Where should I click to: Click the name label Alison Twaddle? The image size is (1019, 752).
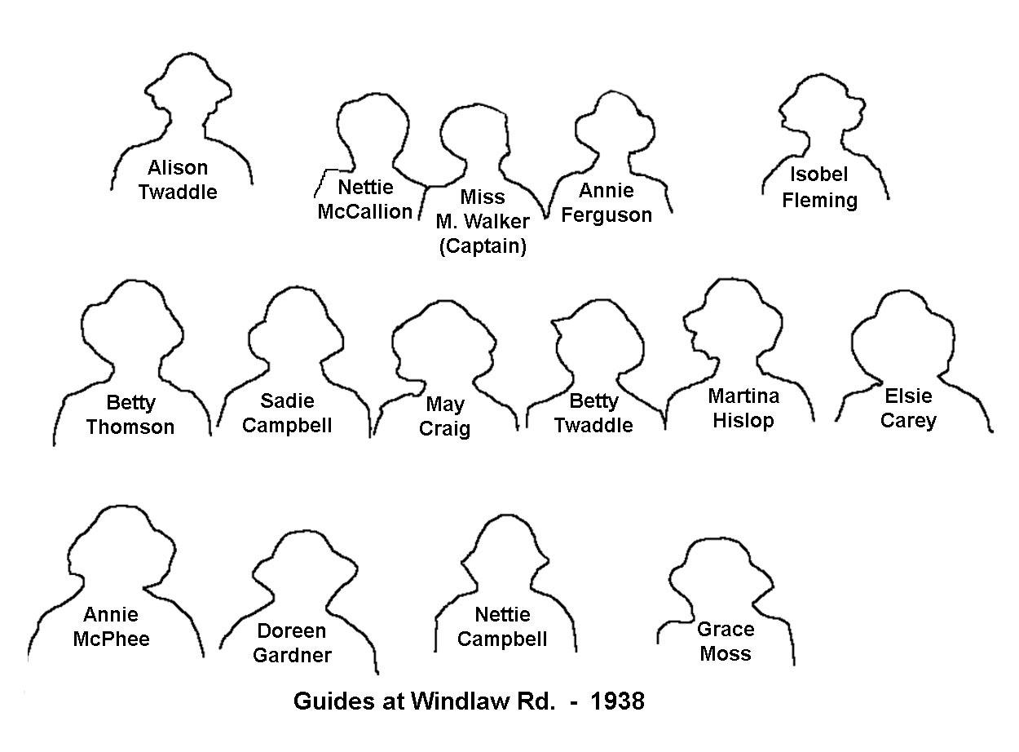tap(178, 179)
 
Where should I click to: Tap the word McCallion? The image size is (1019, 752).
tap(365, 212)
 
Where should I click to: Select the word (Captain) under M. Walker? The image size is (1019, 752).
tap(483, 246)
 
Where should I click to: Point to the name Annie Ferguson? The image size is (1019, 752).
tap(607, 202)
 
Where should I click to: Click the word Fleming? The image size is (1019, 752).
tap(820, 201)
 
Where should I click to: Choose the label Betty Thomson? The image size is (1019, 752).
tap(130, 414)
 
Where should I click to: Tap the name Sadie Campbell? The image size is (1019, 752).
tap(287, 414)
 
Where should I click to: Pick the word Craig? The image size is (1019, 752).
tap(444, 429)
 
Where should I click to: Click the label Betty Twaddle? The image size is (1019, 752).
tap(593, 414)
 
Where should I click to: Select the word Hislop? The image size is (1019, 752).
tap(743, 421)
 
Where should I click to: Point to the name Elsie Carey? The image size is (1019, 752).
tap(908, 409)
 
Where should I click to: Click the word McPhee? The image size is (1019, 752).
tap(112, 639)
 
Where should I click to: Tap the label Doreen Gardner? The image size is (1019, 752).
tap(292, 644)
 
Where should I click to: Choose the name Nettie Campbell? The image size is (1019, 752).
tap(502, 627)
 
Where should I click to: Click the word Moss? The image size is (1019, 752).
tap(726, 653)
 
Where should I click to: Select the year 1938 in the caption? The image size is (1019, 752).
tap(617, 701)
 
